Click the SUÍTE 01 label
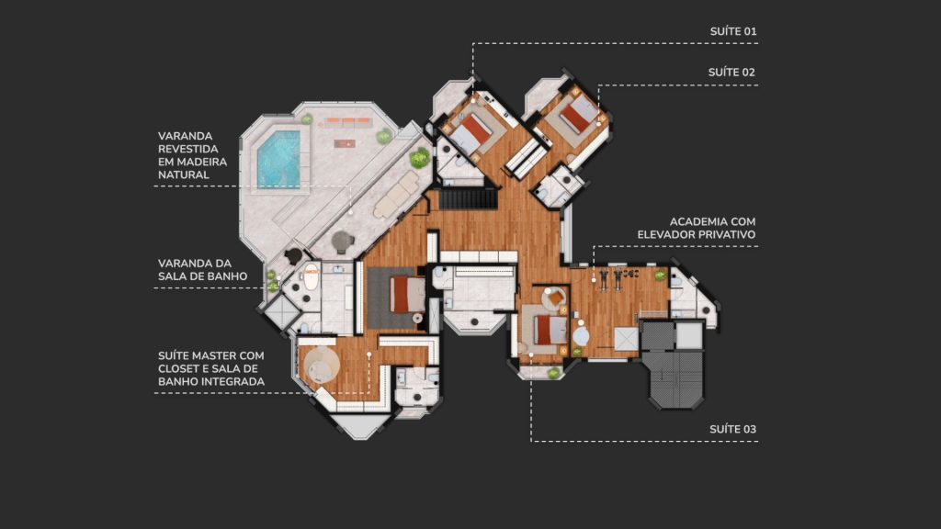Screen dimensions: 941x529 click(732, 31)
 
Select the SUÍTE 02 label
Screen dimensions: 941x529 click(731, 72)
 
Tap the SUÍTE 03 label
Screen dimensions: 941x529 click(732, 429)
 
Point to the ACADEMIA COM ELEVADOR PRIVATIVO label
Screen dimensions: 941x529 click(697, 228)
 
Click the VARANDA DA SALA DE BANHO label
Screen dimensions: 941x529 click(203, 270)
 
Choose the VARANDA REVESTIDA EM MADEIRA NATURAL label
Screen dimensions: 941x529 click(193, 155)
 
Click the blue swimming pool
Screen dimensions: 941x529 click(279, 159)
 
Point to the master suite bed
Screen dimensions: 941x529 click(407, 295)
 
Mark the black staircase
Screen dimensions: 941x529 click(469, 198)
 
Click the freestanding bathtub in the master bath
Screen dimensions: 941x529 click(311, 277)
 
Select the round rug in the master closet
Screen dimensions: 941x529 click(321, 364)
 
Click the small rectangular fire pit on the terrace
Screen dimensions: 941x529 click(345, 143)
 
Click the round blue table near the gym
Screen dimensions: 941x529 click(581, 336)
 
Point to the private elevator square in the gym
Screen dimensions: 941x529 click(626, 339)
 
